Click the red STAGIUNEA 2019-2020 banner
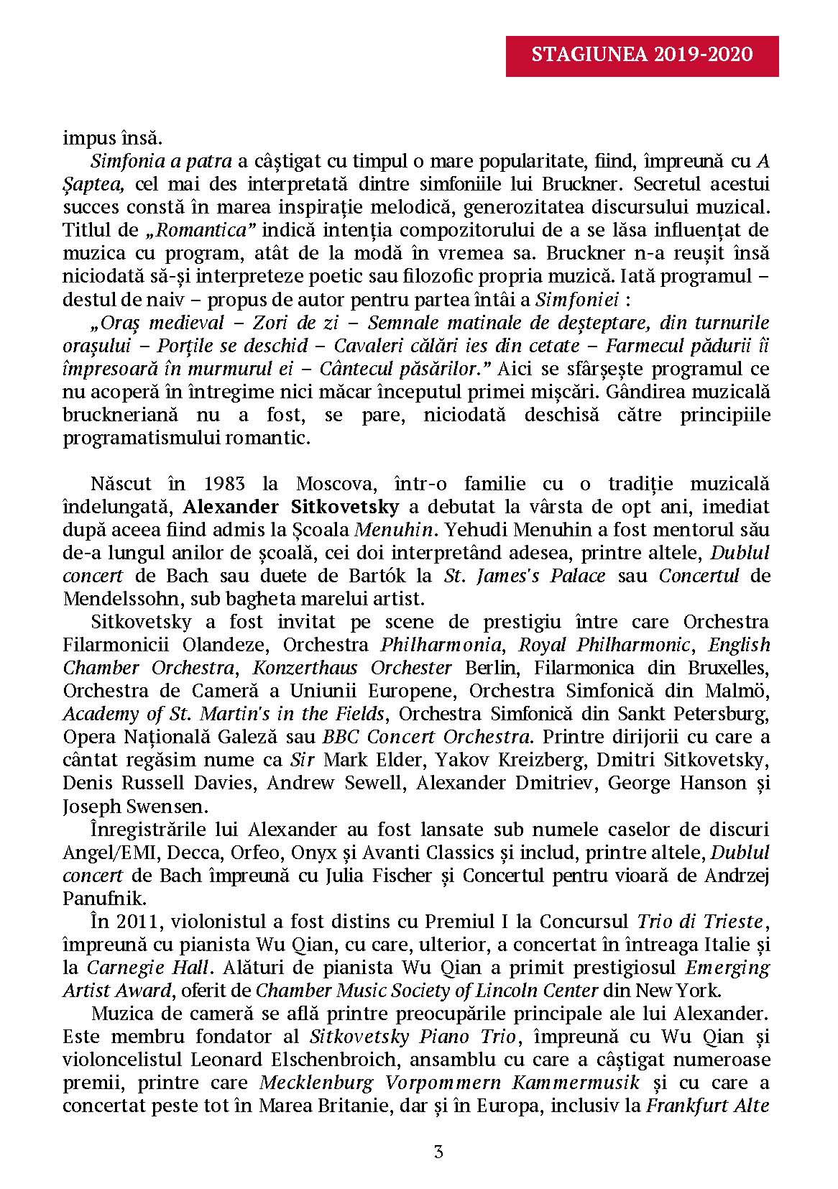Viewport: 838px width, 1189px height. click(x=642, y=55)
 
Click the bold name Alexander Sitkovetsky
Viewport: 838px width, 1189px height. click(x=291, y=506)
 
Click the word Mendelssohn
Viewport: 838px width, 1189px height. click(x=114, y=598)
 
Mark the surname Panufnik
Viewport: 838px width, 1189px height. click(x=95, y=898)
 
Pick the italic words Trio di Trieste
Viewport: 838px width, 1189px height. click(x=699, y=921)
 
